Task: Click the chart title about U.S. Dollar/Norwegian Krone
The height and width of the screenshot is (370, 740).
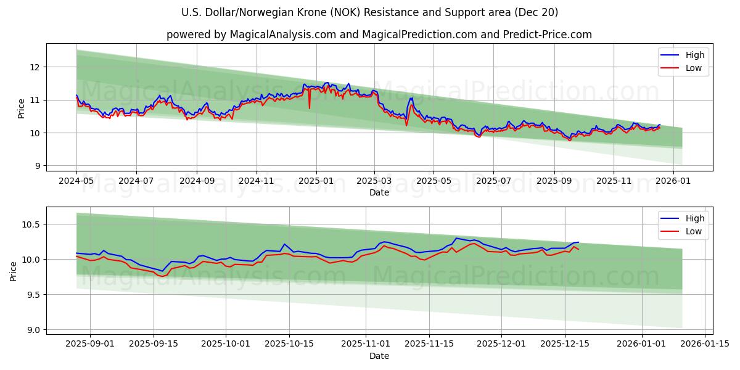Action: tap(370, 12)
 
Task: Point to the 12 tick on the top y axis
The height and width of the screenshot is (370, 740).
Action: tap(37, 67)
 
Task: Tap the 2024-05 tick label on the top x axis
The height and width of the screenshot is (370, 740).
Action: tap(76, 181)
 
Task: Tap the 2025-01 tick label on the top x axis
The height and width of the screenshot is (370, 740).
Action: tap(316, 181)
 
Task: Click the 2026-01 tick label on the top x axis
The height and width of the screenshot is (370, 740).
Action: tap(673, 181)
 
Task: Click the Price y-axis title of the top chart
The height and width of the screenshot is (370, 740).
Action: tap(22, 109)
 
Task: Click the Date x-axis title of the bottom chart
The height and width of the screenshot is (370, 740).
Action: tap(379, 356)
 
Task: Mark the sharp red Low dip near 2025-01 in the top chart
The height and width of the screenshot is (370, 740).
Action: tap(310, 108)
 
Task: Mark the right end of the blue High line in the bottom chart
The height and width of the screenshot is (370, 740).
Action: tap(578, 242)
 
